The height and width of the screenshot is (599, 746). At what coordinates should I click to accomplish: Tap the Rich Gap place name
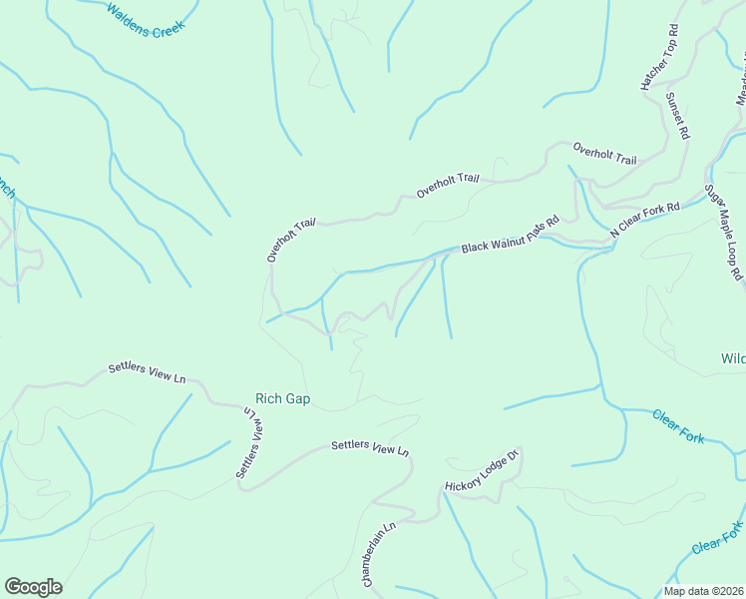pos(282,399)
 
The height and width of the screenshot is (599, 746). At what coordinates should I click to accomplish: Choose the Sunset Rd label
pos(677,116)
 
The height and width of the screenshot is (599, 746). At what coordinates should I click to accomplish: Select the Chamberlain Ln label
pos(379,553)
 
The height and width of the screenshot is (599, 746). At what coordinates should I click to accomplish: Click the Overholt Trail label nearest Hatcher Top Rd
pos(604,154)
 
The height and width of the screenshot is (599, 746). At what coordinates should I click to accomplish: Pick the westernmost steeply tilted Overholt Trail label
pos(290,241)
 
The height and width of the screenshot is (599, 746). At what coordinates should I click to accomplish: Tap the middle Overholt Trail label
pos(448,186)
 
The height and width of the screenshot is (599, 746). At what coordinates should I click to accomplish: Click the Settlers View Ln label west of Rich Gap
pos(147,373)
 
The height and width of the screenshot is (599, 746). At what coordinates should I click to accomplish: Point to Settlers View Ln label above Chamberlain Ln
pos(370,448)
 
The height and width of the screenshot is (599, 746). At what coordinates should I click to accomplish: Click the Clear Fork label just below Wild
pos(679,426)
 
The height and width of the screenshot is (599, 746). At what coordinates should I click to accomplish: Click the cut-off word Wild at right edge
pos(733,357)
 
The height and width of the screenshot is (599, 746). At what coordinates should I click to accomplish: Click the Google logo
pos(33,586)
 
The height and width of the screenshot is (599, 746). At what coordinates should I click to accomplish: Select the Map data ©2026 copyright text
pos(703,591)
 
